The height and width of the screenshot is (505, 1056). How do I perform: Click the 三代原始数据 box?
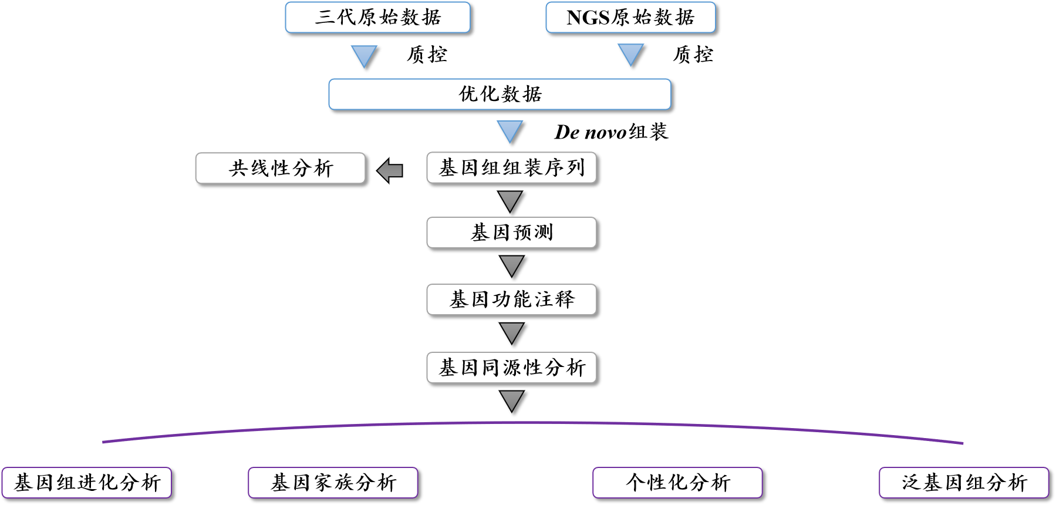[x=377, y=18]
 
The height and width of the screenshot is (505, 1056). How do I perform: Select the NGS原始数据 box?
[x=630, y=18]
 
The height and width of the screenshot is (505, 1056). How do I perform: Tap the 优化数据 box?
[x=500, y=94]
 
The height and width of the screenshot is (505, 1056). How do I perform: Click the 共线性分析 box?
[x=280, y=169]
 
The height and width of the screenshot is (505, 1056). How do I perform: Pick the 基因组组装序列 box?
[x=511, y=168]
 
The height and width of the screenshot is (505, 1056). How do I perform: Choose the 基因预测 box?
[x=511, y=233]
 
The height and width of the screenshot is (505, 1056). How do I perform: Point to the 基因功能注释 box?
[x=511, y=299]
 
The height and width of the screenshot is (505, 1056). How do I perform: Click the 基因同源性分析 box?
[x=511, y=368]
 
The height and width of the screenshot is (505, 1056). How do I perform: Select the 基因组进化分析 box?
[x=87, y=483]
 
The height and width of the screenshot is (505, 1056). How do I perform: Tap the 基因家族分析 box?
[x=333, y=483]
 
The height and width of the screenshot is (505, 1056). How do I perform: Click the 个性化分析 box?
[x=677, y=483]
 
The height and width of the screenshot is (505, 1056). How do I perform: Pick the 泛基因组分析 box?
[x=964, y=483]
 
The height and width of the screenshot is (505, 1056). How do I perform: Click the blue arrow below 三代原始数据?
[x=364, y=56]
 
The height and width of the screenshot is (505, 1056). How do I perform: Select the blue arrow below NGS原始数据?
[x=631, y=55]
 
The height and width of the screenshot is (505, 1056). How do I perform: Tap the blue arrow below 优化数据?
[x=510, y=131]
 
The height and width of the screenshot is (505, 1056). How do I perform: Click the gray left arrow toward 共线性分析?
[x=390, y=171]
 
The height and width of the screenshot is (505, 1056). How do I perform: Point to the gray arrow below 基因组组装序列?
[x=510, y=200]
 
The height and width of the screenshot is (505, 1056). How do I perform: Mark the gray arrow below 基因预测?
[x=512, y=265]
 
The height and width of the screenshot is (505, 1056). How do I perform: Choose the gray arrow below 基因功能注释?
[x=512, y=332]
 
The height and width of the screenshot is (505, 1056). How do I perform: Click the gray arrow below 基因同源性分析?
[x=512, y=400]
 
